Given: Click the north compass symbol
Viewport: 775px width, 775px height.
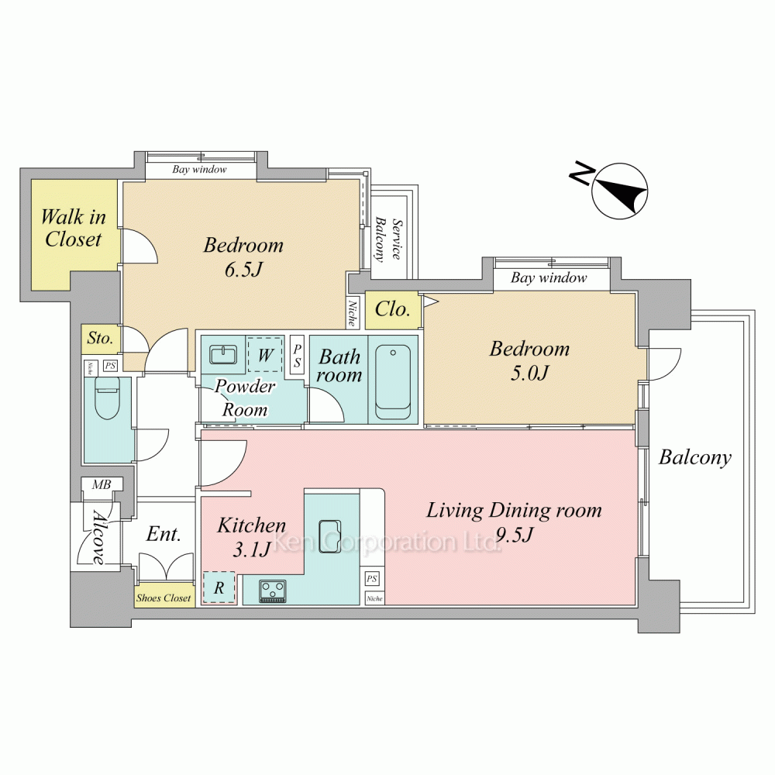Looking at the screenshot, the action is point(619,191).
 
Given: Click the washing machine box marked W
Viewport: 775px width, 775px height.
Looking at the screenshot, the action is point(265,354).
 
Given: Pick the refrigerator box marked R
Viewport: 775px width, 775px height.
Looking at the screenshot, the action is point(219,587).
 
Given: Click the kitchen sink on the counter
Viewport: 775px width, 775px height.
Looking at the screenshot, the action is point(329,536).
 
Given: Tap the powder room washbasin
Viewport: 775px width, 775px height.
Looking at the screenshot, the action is point(223,354).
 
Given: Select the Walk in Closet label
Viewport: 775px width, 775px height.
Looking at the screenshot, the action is point(73,228).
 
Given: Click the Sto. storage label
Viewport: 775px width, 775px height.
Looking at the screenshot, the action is point(100,338).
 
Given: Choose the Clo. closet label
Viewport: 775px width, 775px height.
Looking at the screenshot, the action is point(392,309).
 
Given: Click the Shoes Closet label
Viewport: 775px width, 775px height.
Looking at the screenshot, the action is point(164,598).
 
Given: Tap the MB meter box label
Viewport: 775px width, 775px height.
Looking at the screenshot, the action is point(102,484).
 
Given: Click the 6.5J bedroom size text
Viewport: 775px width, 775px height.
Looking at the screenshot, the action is point(243,270).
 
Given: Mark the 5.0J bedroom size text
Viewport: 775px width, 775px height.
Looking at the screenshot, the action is point(529,374).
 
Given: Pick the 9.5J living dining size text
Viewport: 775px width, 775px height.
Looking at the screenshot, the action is point(514,535).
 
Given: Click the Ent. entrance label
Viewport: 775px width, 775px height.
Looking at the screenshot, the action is point(164,534).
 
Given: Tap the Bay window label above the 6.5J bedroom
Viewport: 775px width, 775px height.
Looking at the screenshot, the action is point(200,170).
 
